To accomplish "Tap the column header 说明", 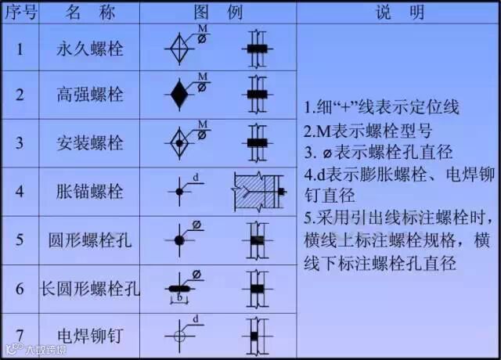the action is [400, 13].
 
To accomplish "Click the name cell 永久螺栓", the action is [90, 48].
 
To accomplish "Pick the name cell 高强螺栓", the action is [90, 95].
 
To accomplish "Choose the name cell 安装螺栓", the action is [90, 143].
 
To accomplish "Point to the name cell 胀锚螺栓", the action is [90, 191].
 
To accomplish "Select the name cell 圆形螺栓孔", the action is [90, 239].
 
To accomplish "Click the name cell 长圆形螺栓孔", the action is [90, 288].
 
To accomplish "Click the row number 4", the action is [20, 191].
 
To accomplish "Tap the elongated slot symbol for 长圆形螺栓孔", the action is [180, 288].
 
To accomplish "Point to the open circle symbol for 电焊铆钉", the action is [179, 335].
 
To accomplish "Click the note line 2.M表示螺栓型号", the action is [367, 130].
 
